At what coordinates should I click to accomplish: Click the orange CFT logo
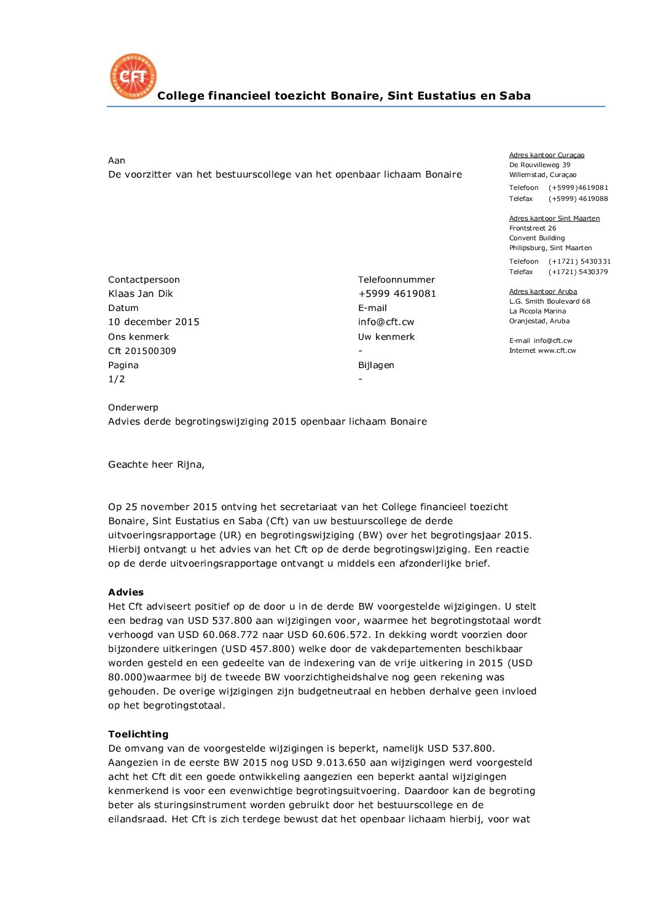pos(133,76)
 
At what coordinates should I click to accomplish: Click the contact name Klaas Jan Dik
pos(141,294)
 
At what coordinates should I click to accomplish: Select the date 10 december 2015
pos(154,322)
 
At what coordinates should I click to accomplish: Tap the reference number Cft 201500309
pos(142,351)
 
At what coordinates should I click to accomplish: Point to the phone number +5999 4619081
pos(397,294)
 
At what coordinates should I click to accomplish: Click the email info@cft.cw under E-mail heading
pos(386,322)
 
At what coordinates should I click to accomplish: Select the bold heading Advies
pos(126,592)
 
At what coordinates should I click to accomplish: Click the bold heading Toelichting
pos(138,734)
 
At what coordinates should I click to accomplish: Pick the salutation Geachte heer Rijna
pos(156,465)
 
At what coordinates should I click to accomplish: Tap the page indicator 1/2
pos(117,379)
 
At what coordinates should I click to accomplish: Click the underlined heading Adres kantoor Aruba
pos(543,291)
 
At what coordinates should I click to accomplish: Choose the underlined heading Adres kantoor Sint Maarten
pos(554,218)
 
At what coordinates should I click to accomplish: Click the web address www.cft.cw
pos(557,350)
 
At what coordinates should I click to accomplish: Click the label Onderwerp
pos(133,407)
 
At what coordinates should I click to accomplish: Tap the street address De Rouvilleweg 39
pos(539,165)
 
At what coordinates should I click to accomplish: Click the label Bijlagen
pos(376,365)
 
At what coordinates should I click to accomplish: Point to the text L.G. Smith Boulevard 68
pos(549,301)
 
